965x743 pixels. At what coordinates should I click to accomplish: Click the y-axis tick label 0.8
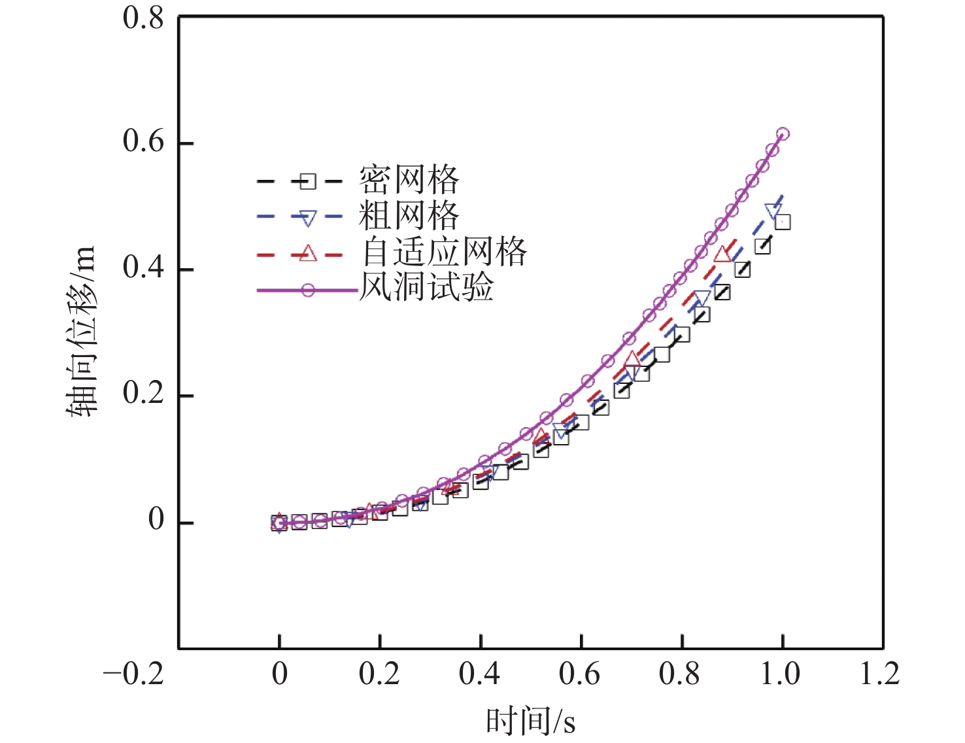coord(143,18)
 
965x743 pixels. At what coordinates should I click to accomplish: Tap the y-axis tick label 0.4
coord(143,268)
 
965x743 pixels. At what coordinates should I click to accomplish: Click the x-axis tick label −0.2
coord(133,674)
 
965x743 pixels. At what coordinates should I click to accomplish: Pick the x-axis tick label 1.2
coord(880,674)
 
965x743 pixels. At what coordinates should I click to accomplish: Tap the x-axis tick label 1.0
coord(780,674)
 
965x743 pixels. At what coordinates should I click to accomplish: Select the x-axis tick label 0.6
coord(579,674)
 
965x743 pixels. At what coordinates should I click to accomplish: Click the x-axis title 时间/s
coord(530,721)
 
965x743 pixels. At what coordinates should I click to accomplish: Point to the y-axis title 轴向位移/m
coord(81,332)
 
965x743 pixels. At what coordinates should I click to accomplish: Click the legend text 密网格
coord(409,180)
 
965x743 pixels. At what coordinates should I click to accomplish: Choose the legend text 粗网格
coord(409,216)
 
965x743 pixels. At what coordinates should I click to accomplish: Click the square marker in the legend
coord(307,181)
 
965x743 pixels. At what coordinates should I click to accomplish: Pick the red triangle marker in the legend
coord(307,253)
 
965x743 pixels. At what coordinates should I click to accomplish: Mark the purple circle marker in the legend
coord(307,290)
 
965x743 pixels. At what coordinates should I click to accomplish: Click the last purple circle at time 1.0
coord(783,134)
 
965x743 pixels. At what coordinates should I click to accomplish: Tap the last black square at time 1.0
coord(783,222)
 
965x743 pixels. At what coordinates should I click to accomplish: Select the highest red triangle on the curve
coord(722,254)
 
